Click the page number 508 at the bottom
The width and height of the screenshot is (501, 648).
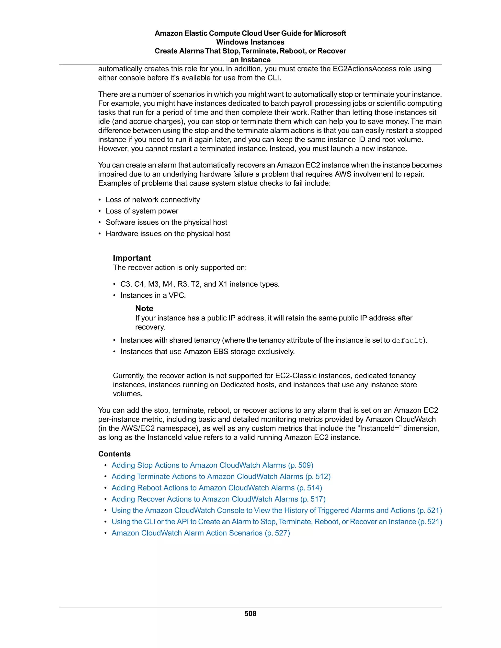(x=250, y=613)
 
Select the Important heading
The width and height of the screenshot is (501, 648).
(x=132, y=258)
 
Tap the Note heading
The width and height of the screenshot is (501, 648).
(x=144, y=308)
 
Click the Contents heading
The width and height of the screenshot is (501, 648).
(x=114, y=454)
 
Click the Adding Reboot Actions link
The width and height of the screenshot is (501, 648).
(x=217, y=488)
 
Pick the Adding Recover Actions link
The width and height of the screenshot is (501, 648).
(x=218, y=499)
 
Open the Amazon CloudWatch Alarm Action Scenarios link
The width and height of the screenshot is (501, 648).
(x=201, y=533)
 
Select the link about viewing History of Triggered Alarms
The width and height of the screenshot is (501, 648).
(x=277, y=510)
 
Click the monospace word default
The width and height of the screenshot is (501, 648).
(x=407, y=341)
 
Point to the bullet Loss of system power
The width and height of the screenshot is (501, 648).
(x=142, y=211)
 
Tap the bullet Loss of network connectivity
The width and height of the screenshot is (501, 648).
(x=153, y=200)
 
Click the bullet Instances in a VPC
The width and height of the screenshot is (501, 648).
(x=153, y=295)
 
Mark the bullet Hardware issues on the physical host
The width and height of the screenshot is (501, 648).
(x=168, y=234)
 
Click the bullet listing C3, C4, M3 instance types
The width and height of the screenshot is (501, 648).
(x=200, y=284)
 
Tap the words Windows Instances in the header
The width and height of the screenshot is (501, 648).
(x=250, y=42)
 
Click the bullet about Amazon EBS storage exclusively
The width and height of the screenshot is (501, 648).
(x=207, y=352)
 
